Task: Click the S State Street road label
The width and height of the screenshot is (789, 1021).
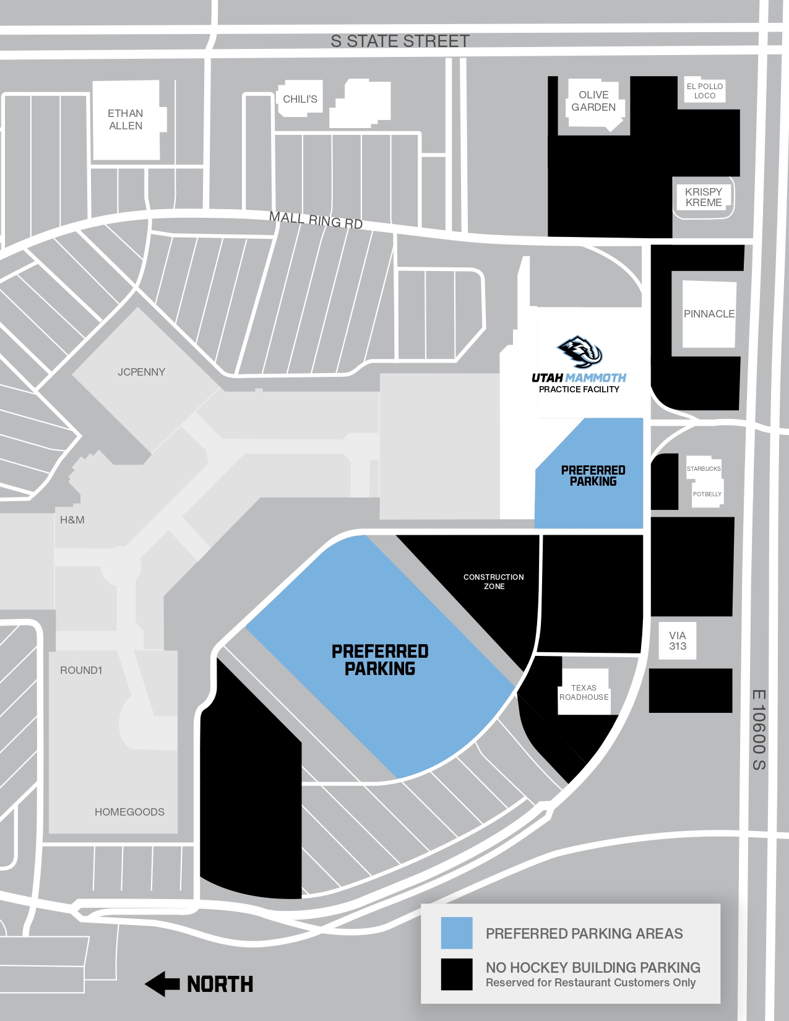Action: (x=400, y=41)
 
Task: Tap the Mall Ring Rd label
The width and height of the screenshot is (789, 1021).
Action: (x=316, y=220)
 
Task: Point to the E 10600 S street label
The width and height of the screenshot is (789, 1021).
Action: (x=759, y=730)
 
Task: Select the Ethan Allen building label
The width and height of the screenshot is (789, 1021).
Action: (x=126, y=119)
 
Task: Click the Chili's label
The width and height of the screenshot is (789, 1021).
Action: (x=300, y=99)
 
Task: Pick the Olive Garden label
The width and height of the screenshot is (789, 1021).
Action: (x=593, y=101)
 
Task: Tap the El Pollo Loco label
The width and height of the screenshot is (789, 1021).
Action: (x=705, y=91)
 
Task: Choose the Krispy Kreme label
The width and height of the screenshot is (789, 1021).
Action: (x=704, y=197)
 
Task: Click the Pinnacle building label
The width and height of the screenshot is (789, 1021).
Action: (x=709, y=314)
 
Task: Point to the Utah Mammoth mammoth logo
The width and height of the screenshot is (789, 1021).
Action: (x=579, y=351)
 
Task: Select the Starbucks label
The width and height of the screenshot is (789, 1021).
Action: (x=704, y=468)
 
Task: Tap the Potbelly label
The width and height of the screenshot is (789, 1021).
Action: (x=707, y=494)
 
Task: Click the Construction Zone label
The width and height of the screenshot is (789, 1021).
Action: (x=494, y=582)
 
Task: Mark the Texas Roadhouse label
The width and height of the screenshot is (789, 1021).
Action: (x=584, y=692)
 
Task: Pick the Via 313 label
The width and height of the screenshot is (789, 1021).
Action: (x=678, y=641)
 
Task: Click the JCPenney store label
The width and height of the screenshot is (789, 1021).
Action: (x=142, y=372)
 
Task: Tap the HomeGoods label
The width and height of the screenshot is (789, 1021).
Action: (x=129, y=812)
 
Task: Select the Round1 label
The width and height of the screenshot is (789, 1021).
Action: (x=81, y=670)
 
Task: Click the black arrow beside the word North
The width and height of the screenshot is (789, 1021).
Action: (x=163, y=984)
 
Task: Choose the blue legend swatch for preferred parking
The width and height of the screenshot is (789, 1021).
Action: (x=457, y=933)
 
